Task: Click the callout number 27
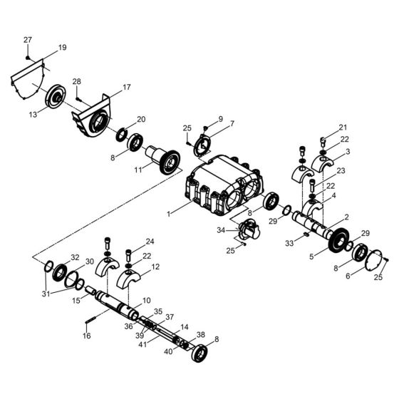28,39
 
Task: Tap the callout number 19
62,48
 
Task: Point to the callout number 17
127,88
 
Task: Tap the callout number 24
150,242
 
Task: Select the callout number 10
146,301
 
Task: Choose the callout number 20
141,119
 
